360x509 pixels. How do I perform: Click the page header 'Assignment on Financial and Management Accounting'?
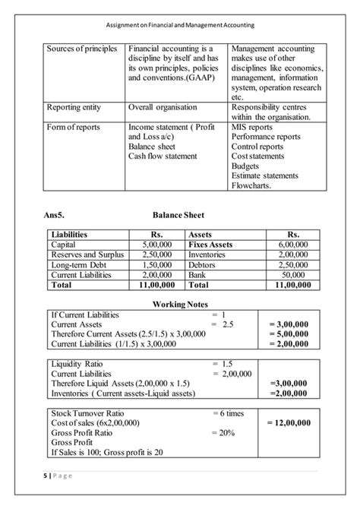(x=179, y=23)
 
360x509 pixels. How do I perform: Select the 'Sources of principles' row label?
(x=82, y=49)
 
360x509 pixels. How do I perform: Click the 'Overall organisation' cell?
(x=163, y=107)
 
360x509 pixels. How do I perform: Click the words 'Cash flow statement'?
(x=163, y=156)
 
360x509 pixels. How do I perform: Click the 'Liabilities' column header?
(x=69, y=235)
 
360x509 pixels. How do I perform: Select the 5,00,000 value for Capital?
(x=157, y=245)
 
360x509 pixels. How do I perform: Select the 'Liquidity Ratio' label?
(x=81, y=364)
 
